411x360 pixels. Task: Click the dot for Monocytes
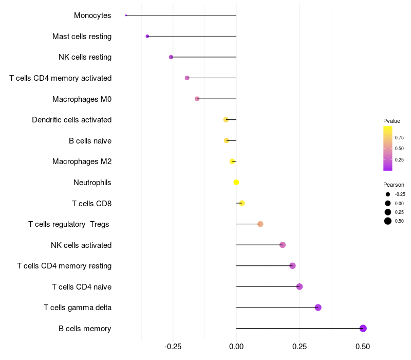pos(126,15)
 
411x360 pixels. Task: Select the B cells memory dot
pos(363,328)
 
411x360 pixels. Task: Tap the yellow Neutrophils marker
pos(236,182)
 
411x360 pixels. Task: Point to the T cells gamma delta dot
pos(318,308)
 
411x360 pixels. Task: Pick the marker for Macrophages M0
pos(197,99)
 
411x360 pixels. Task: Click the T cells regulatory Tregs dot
pos(260,224)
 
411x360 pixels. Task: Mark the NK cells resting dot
pos(171,57)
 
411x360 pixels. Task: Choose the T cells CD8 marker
pos(242,203)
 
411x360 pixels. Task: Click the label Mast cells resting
pos(82,37)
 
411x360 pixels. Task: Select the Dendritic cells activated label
pos(71,120)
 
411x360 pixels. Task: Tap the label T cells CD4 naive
pos(82,286)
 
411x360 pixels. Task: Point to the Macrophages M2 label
pos(82,161)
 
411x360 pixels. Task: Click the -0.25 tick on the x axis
pos(173,347)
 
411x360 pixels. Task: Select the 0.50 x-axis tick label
pos(363,347)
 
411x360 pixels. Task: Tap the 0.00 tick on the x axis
pos(236,347)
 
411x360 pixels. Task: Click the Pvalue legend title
pos(391,121)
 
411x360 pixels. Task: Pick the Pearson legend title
pos(394,185)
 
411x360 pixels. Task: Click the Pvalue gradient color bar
pos(388,148)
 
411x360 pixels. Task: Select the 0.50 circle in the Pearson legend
pos(388,221)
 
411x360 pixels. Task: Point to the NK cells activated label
pos(81,245)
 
